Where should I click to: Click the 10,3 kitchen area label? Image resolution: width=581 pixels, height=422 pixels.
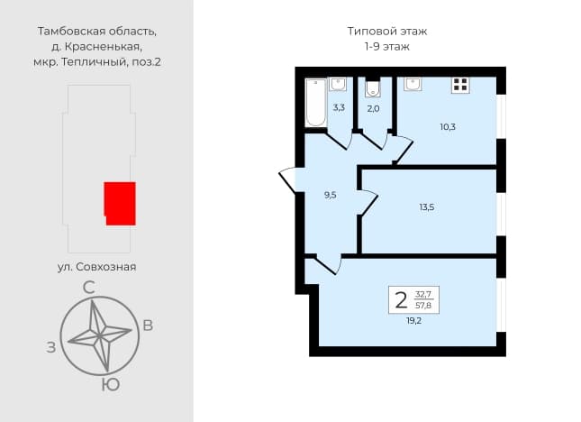pos(448,127)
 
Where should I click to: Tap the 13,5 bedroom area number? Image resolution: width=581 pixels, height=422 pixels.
pos(427,207)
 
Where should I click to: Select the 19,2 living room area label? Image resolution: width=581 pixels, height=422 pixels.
pos(413,321)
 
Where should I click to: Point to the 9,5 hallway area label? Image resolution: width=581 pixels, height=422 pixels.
pos(331,195)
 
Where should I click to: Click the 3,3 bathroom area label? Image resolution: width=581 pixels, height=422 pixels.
pos(339,108)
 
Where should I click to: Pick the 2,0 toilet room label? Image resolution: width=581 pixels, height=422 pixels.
pos(373,108)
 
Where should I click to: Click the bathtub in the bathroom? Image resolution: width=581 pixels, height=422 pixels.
pos(315,103)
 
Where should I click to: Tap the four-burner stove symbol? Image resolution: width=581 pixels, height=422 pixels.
pos(460,85)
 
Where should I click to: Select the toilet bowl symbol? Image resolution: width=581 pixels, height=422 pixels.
pos(372,87)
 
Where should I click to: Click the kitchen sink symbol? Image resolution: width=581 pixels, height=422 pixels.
pos(413,84)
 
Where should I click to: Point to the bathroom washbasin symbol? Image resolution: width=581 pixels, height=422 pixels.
pos(338,84)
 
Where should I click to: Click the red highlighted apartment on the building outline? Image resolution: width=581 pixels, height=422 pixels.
pos(120,204)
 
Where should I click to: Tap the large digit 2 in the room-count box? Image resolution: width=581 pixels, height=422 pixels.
pos(401,300)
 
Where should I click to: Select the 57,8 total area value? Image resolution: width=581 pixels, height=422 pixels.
pos(423,306)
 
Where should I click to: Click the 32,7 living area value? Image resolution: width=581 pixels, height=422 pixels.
pos(423,295)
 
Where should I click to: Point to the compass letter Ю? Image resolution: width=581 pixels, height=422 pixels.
pos(111,385)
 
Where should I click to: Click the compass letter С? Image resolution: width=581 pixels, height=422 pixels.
pos(88,288)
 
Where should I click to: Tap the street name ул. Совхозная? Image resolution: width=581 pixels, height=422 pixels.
pos(96,267)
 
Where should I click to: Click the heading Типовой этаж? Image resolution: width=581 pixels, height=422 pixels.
pos(386,32)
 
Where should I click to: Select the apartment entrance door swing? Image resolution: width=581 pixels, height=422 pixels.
pos(287,180)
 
